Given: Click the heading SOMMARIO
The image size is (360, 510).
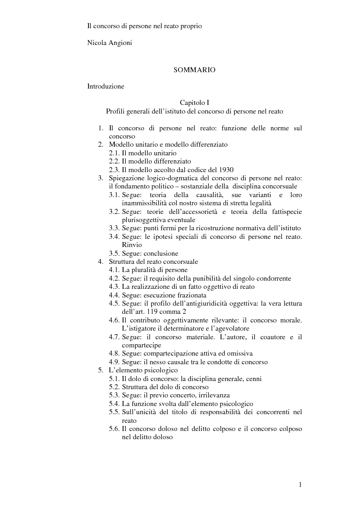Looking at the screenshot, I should (194, 70).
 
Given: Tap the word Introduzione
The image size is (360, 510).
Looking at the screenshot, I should (106, 86).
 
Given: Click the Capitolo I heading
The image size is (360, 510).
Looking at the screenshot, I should (194, 103).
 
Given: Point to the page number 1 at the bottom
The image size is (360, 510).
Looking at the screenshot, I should (300, 485).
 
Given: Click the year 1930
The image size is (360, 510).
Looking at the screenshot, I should (226, 169).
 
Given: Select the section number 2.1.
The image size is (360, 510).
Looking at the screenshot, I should (114, 153).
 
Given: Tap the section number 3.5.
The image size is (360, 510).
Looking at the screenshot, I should (114, 253).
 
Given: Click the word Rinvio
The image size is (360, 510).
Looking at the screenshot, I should (132, 245).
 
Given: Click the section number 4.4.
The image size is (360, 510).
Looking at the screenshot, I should (114, 295).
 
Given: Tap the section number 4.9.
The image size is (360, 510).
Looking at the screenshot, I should (114, 362).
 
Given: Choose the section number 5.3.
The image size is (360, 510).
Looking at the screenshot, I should (114, 395).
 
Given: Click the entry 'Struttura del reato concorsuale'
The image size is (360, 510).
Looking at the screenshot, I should (153, 262).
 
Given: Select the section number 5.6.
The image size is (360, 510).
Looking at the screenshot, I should (114, 429).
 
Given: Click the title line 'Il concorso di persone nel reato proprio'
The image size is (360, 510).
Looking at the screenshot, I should (144, 26).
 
